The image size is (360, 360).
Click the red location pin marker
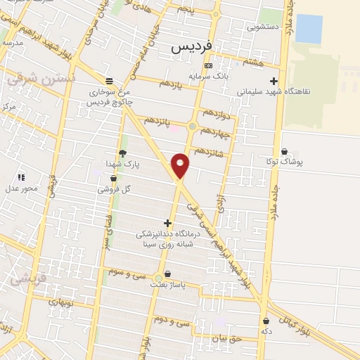point(181,165)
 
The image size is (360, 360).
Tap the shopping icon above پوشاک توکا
point(284,150)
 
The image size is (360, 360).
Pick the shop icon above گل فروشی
point(114,179)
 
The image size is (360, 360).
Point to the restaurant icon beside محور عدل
point(21,177)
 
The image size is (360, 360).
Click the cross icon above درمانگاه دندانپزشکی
point(167,223)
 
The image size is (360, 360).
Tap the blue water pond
point(308,28)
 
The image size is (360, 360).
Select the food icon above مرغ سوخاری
point(108,80)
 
